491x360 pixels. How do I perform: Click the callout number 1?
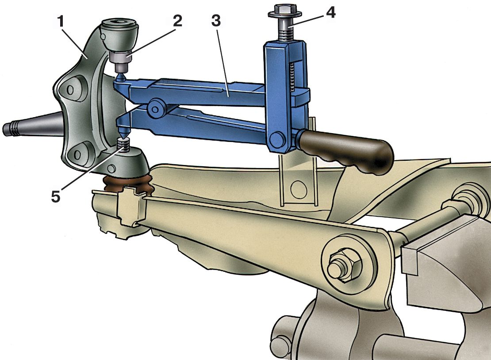tap(61, 22)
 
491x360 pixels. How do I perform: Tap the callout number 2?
tap(177, 21)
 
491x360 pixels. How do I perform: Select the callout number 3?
tap(216, 21)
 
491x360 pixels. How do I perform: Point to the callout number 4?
tap(330, 12)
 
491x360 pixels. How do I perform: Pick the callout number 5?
tap(56, 197)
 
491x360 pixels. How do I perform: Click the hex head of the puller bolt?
tap(284, 11)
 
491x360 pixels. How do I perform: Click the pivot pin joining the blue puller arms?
tap(155, 108)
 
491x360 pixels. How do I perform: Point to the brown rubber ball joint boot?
tap(128, 185)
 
